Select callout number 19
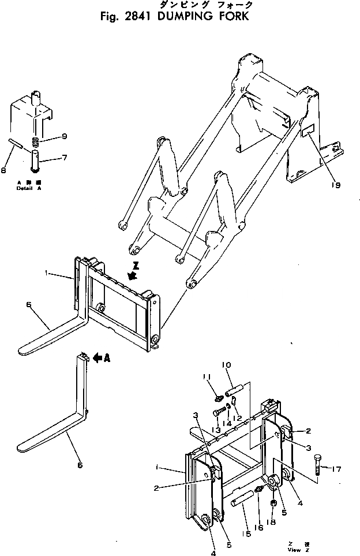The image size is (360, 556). click(336, 185)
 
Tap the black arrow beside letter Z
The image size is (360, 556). click(132, 276)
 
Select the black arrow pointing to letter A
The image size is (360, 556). click(97, 359)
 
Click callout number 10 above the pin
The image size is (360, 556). click(226, 365)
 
